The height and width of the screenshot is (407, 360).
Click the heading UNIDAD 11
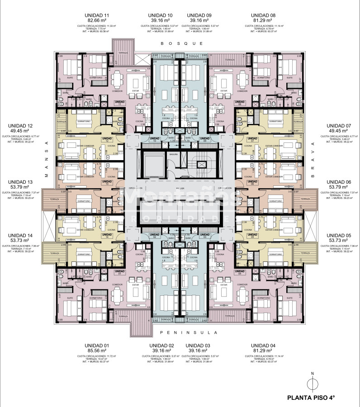[x=97, y=15]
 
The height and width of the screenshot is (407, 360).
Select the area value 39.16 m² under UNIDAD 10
[x=161, y=21]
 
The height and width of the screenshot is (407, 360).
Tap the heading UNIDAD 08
[x=263, y=15]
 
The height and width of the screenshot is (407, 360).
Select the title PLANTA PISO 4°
[x=312, y=398]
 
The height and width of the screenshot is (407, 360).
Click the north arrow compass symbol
[x=312, y=383]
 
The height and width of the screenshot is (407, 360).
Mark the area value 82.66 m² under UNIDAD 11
[x=97, y=21]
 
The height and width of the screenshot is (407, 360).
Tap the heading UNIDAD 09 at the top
[x=199, y=15]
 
